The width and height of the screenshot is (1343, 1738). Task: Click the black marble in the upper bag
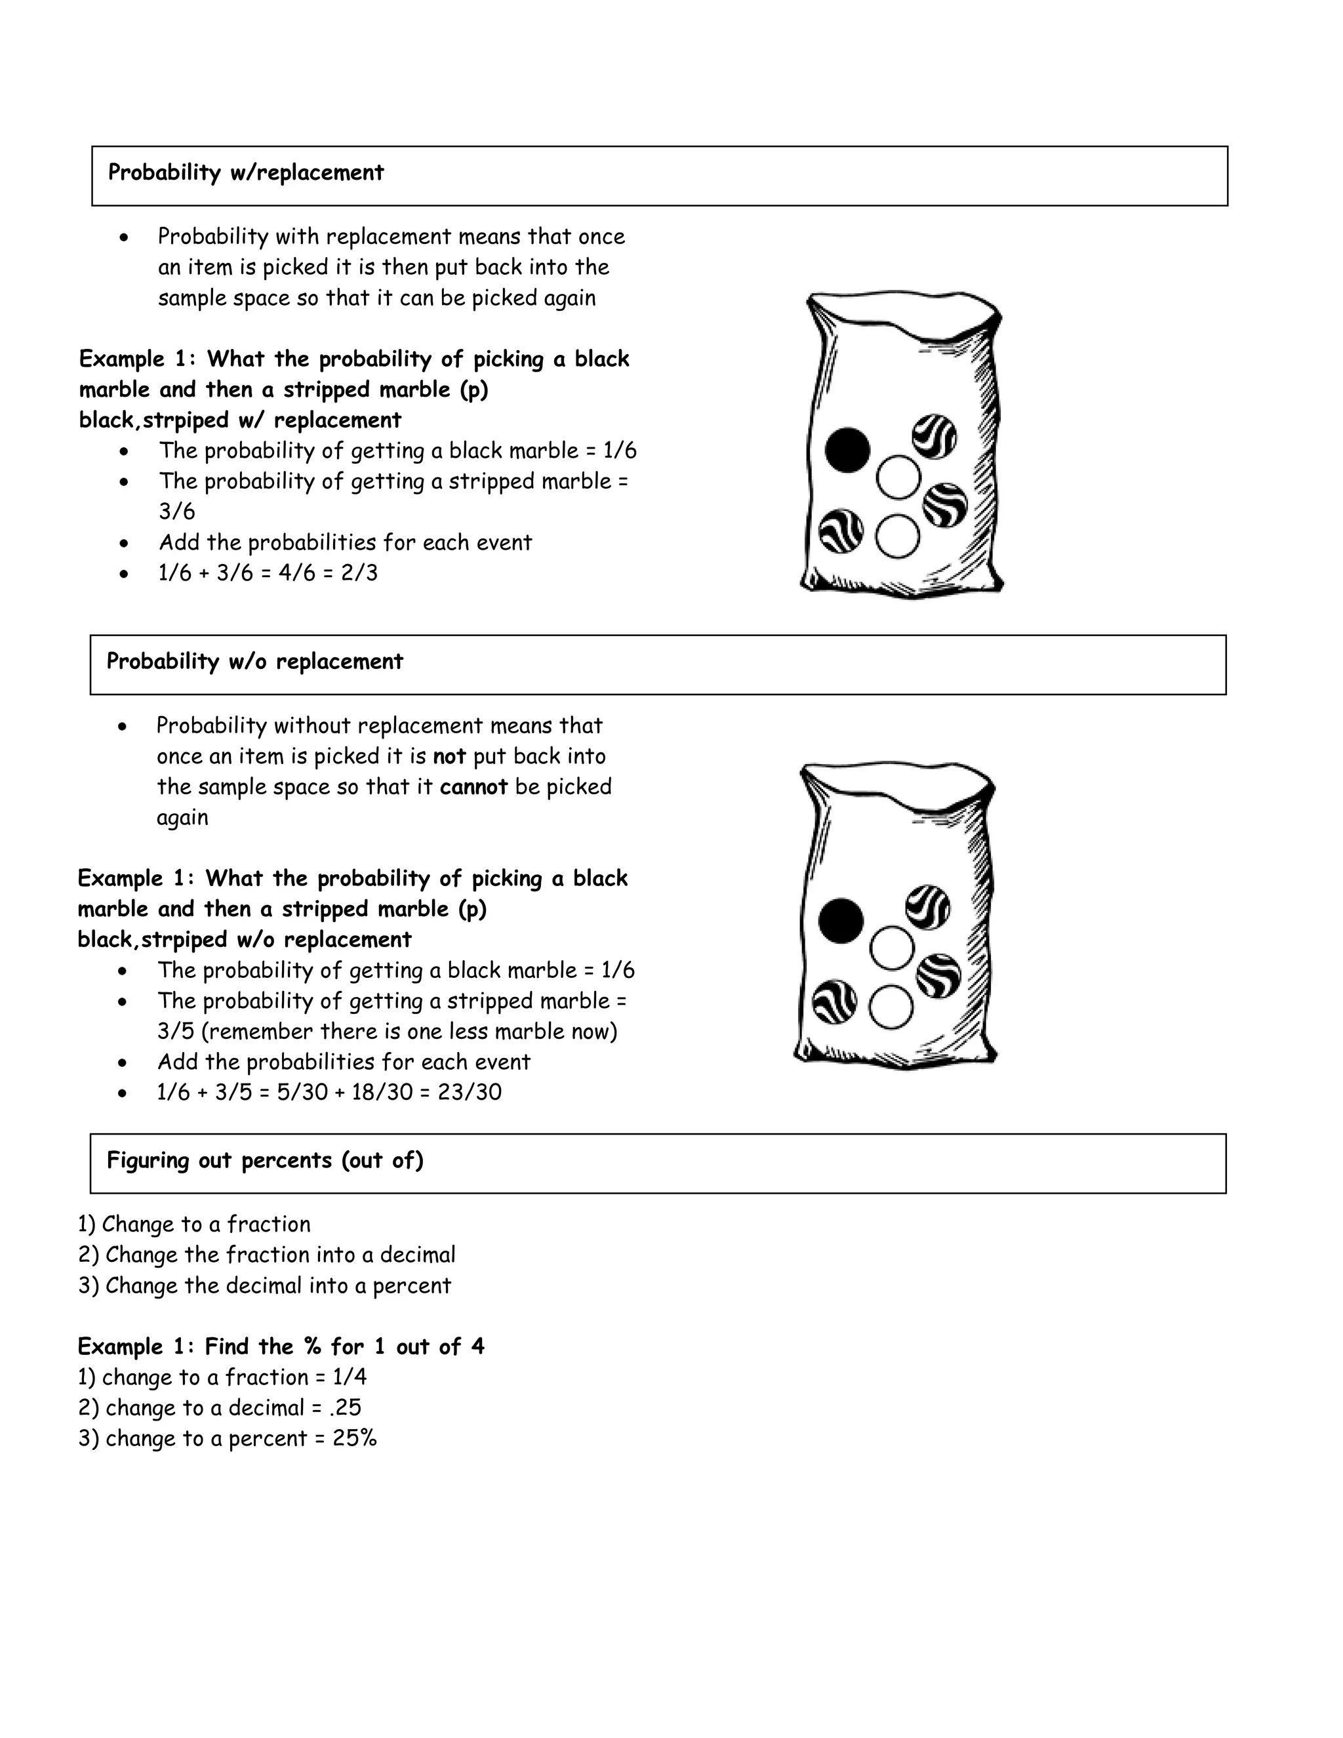(x=847, y=450)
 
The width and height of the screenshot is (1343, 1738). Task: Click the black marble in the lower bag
(x=840, y=921)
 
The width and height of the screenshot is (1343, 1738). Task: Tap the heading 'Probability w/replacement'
(x=246, y=172)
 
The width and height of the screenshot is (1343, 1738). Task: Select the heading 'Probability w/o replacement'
(x=254, y=661)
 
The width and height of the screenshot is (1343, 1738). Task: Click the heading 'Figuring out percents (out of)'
(x=265, y=1160)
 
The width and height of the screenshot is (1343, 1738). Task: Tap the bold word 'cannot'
(x=473, y=787)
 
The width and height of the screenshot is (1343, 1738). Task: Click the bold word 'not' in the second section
(x=449, y=756)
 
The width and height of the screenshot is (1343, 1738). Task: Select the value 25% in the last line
(x=355, y=1439)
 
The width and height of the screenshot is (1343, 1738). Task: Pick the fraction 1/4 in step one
(x=350, y=1377)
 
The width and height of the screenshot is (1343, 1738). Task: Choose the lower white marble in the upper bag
(x=898, y=536)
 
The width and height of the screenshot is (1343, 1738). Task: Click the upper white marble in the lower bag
(x=891, y=948)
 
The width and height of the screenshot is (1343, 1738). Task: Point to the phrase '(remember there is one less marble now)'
(x=409, y=1032)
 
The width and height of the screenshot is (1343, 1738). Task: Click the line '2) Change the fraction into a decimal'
(x=266, y=1255)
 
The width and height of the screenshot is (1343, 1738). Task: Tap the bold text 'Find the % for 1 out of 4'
(x=344, y=1346)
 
